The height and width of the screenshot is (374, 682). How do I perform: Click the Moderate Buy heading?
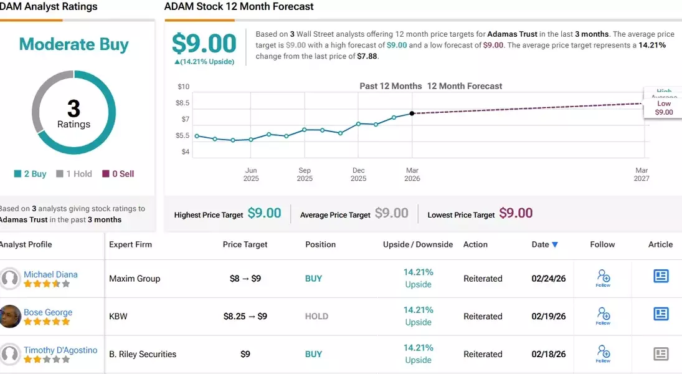tap(73, 44)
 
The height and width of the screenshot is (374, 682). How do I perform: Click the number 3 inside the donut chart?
tap(73, 108)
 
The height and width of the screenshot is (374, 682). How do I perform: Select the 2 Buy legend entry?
tap(31, 174)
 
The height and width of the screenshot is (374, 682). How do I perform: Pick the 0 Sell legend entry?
tap(118, 174)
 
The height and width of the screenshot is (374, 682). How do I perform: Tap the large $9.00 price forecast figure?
tap(204, 44)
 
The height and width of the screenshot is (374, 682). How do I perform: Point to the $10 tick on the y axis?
tap(183, 87)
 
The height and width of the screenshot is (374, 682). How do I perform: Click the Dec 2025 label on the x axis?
tap(359, 175)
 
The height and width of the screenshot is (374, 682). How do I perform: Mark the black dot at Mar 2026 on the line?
tap(412, 113)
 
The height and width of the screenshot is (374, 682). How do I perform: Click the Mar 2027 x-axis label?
tap(642, 175)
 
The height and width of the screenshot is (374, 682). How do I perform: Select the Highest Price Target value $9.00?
tap(264, 213)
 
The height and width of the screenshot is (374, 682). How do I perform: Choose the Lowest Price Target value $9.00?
tap(516, 213)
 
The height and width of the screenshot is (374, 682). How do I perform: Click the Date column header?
tap(545, 244)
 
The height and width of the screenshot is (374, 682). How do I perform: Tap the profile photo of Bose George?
tap(11, 316)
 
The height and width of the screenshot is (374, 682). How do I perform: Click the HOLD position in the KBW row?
tap(316, 316)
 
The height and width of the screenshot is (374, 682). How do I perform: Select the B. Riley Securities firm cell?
tap(143, 354)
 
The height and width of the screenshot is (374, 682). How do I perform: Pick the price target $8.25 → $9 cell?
tap(245, 316)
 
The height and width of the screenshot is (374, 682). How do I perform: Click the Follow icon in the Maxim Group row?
tap(603, 277)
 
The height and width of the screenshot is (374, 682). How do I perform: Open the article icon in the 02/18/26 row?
tap(661, 354)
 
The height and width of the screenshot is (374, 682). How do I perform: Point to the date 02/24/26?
tap(549, 279)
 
